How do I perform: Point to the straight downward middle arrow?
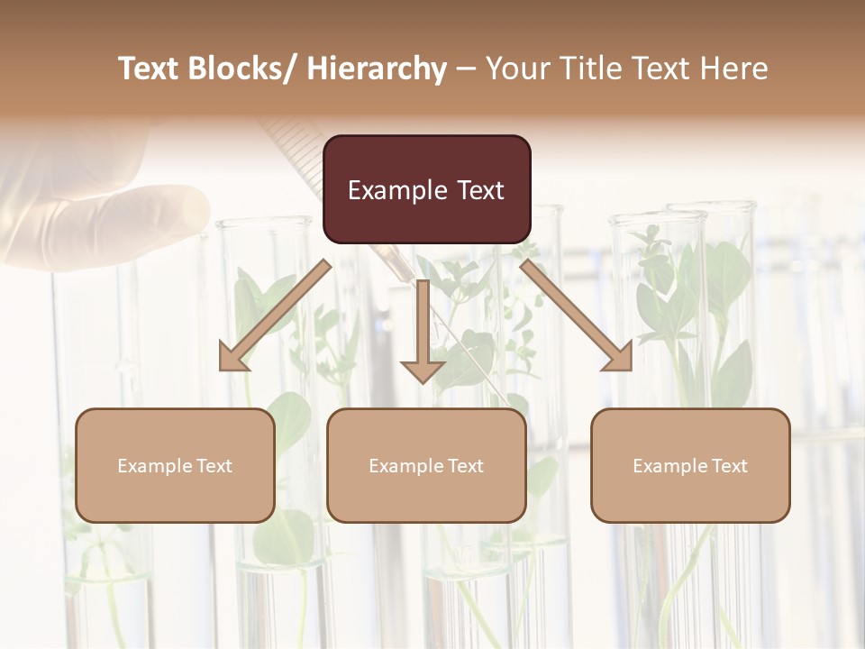(x=423, y=334)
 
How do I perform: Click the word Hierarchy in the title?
(x=377, y=69)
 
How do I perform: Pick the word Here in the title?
(x=733, y=69)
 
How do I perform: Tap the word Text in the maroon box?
(x=479, y=190)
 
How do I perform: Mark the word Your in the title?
(x=516, y=69)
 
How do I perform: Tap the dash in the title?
(x=466, y=69)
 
